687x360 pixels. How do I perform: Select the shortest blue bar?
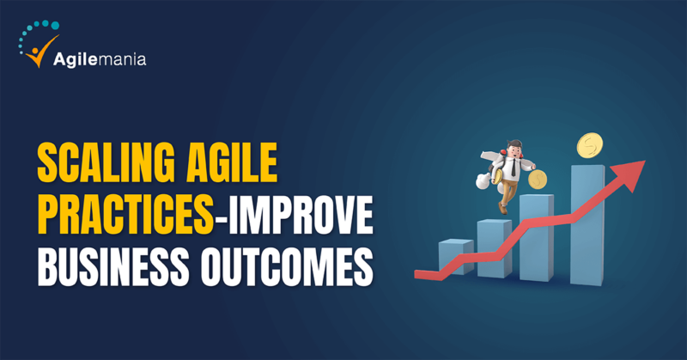(456, 256)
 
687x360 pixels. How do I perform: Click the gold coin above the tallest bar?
(590, 145)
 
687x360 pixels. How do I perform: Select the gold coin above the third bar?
(538, 180)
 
